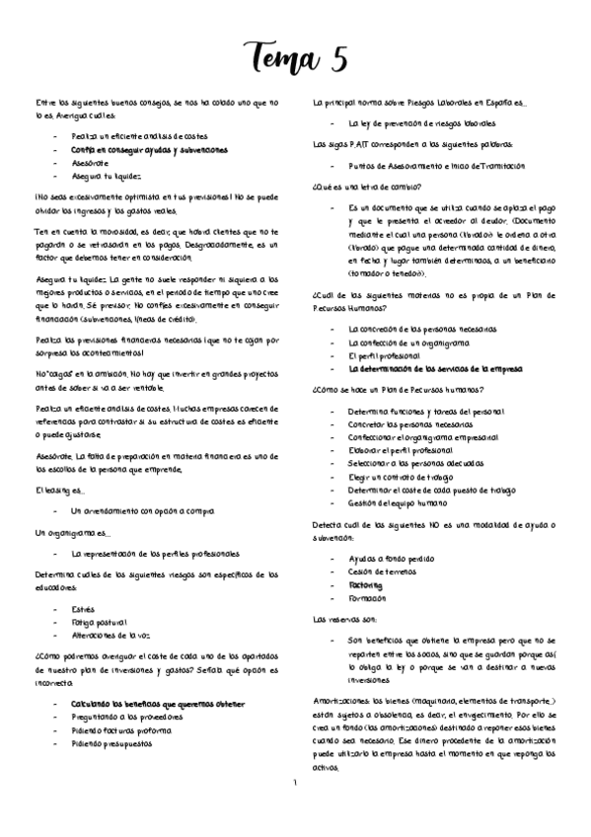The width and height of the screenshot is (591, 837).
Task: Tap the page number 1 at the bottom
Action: tap(294, 783)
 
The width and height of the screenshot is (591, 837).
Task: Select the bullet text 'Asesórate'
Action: tap(89, 164)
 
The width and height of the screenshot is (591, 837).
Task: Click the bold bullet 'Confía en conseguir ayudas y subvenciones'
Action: tap(148, 150)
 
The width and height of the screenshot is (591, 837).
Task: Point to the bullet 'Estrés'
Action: tap(83, 609)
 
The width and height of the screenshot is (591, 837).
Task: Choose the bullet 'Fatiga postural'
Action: tap(97, 622)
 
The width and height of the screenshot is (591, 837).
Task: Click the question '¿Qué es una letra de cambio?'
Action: tap(361, 188)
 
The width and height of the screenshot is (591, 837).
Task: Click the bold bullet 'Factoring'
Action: tap(366, 585)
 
